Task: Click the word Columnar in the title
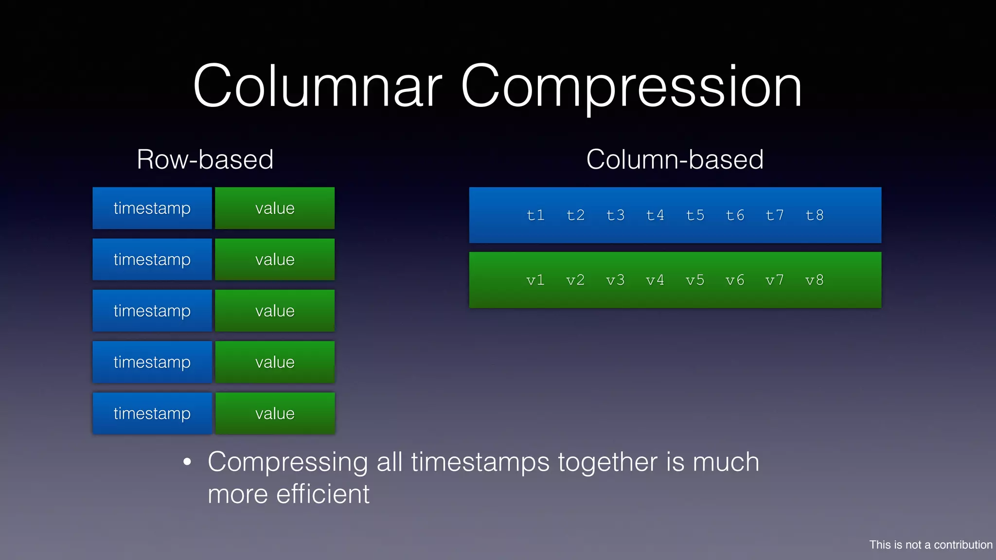[317, 86]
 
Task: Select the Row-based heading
[205, 159]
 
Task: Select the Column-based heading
[675, 159]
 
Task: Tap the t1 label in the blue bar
[535, 215]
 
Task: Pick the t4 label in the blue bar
[655, 215]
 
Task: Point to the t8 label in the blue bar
[815, 215]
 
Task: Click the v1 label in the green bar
[535, 280]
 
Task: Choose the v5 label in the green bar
[695, 280]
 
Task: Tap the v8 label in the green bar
[815, 280]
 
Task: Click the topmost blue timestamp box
[152, 208]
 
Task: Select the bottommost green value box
[275, 413]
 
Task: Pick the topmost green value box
[275, 208]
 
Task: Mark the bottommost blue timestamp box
[152, 413]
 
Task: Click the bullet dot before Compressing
[187, 462]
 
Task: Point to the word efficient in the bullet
[322, 494]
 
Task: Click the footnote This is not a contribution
[930, 544]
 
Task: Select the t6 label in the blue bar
[735, 215]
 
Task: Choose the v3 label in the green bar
[615, 280]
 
